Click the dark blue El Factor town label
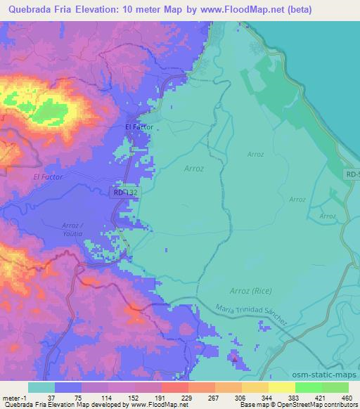coord(139,126)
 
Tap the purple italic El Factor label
coord(48,177)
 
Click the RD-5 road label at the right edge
coord(352,173)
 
